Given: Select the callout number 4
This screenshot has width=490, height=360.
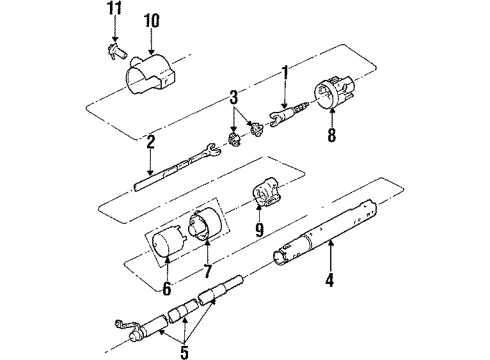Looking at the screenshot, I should click(327, 281).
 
